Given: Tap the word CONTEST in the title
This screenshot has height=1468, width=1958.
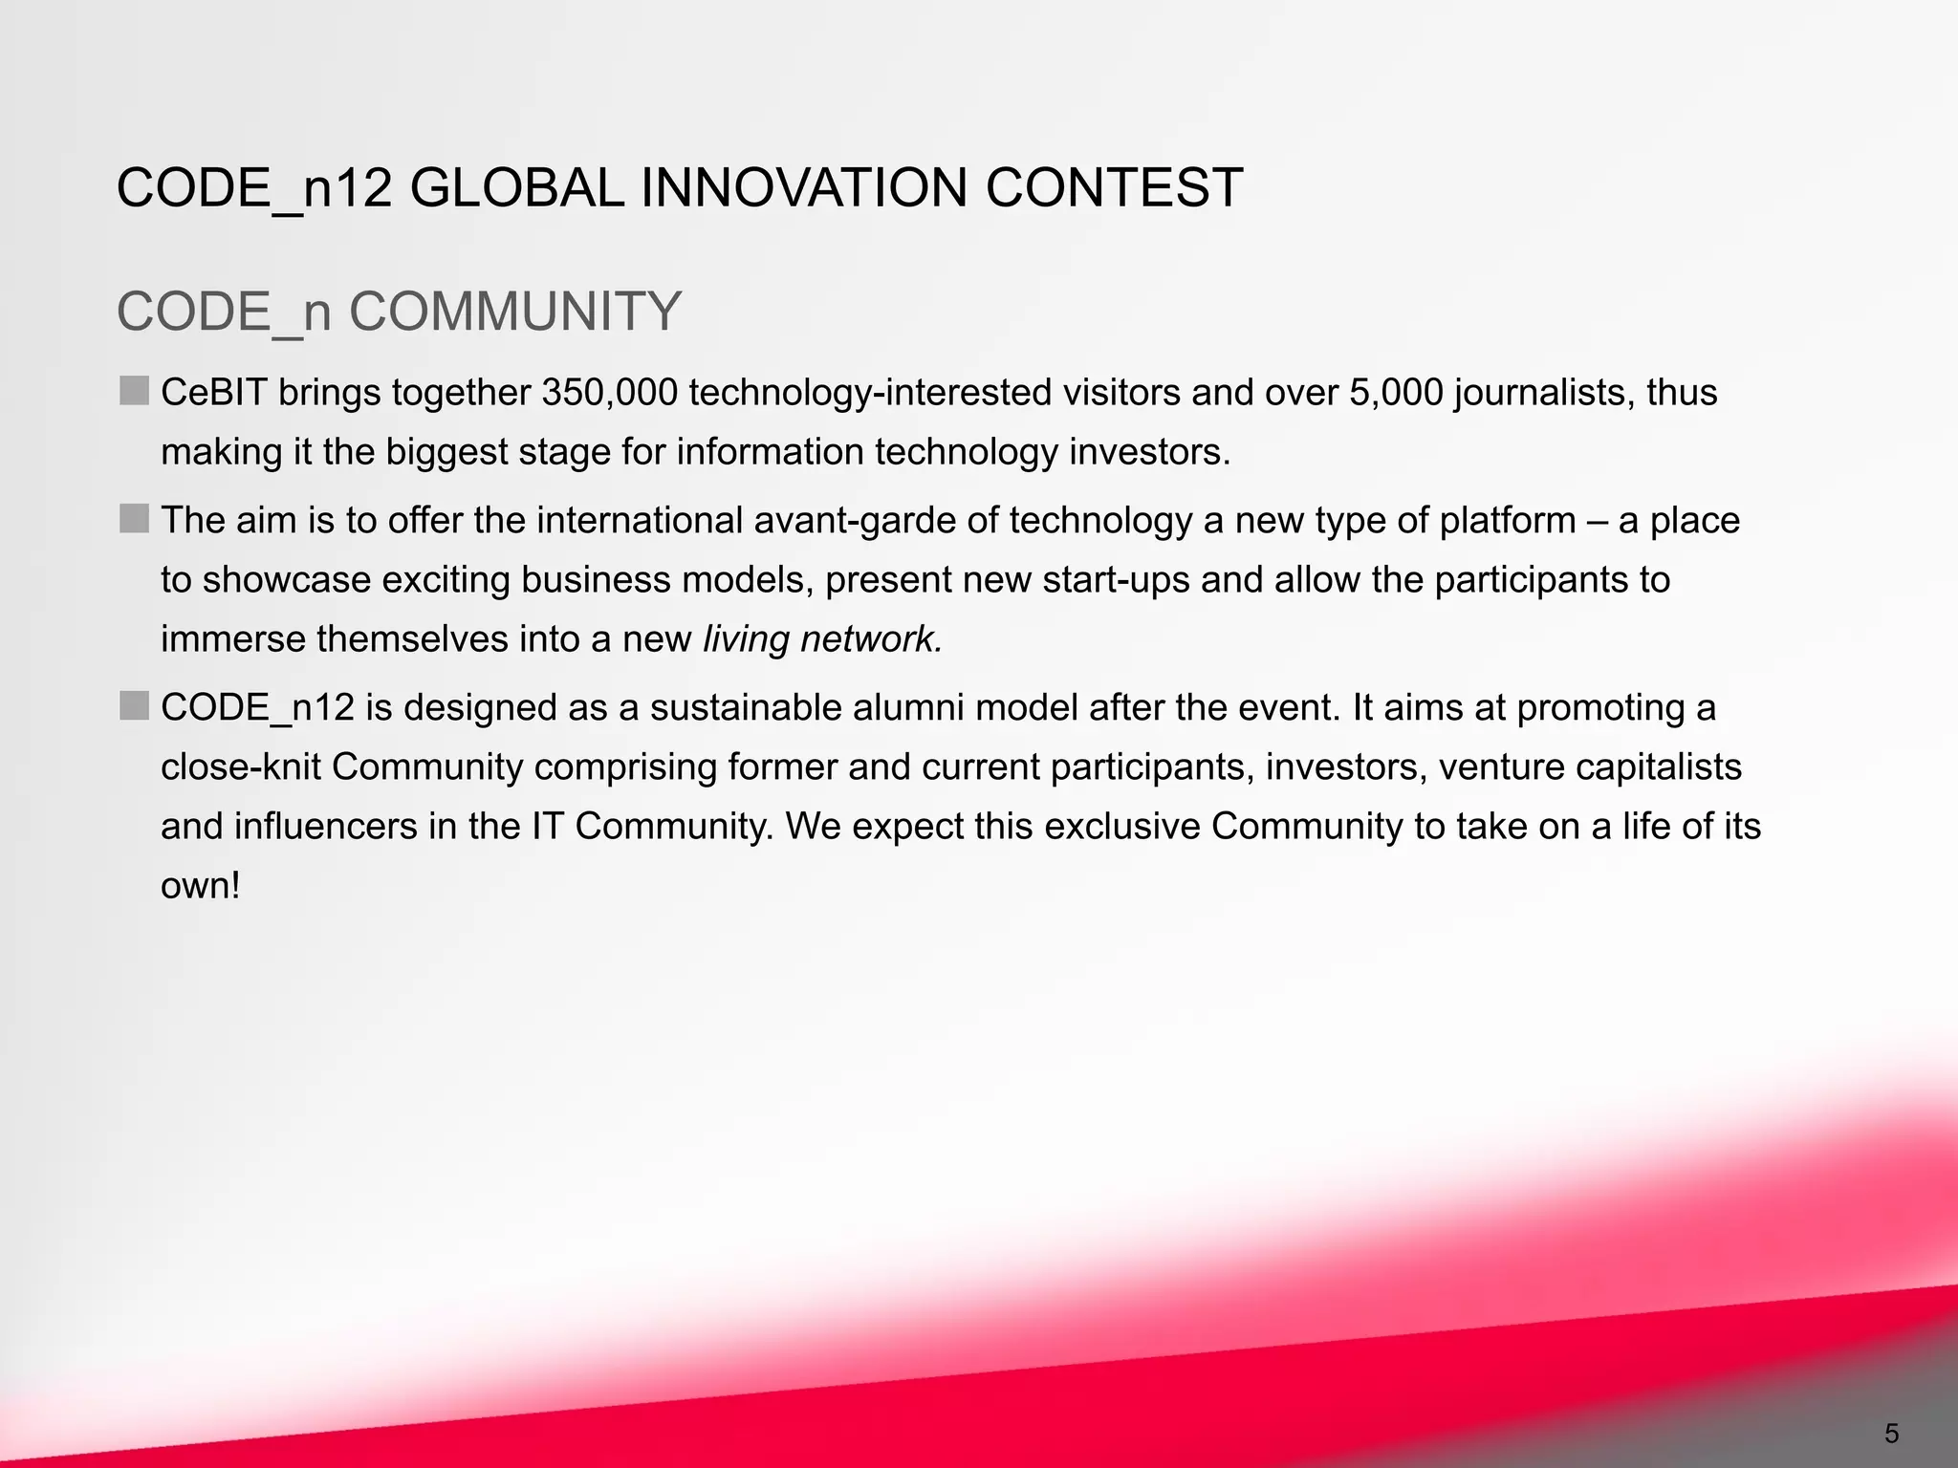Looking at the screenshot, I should (1114, 187).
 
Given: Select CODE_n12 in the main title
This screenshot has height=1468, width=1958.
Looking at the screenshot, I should (254, 187).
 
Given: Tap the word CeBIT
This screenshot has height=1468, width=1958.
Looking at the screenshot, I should (214, 393).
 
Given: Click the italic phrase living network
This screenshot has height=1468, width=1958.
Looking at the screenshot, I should (822, 638).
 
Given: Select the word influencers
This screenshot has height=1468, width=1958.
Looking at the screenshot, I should (326, 827).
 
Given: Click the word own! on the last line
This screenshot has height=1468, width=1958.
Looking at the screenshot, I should (200, 886).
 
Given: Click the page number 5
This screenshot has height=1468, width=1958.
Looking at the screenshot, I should (1891, 1434).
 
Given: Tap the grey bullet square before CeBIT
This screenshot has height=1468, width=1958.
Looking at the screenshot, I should (135, 391).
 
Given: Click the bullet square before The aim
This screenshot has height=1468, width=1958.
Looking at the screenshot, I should (135, 519).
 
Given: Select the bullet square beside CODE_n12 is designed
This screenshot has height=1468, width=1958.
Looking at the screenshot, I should (135, 706).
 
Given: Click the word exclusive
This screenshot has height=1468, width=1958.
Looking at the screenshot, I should (1121, 827).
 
